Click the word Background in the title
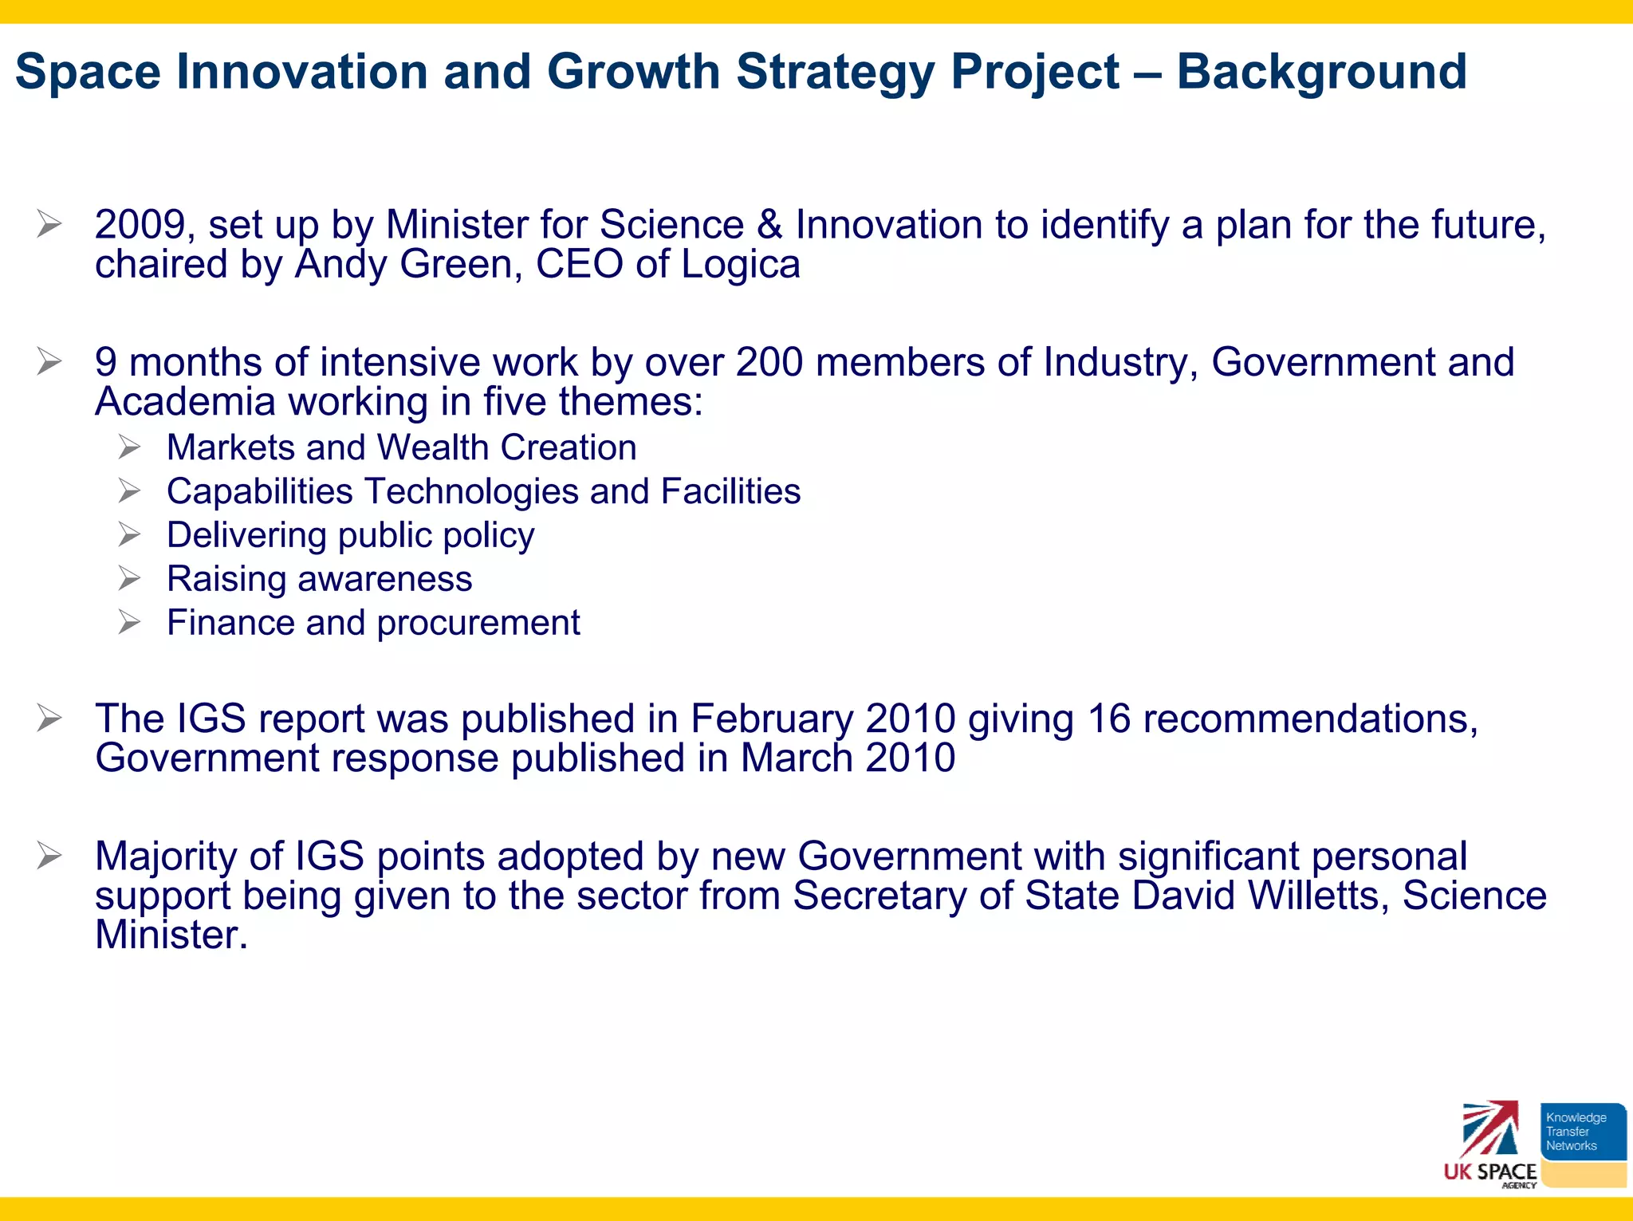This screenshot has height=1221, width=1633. coord(1321,72)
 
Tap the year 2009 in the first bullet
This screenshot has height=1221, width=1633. coord(140,225)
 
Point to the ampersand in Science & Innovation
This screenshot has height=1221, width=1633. coord(769,225)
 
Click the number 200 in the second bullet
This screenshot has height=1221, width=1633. coord(769,363)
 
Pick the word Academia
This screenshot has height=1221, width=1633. coord(185,402)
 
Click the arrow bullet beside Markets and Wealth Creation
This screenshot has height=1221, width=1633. coord(129,447)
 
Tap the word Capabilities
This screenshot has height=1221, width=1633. coord(259,492)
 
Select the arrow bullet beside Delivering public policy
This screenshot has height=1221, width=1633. coord(129,534)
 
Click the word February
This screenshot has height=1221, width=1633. coord(771,719)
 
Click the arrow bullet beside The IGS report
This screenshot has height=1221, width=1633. coord(49,719)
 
